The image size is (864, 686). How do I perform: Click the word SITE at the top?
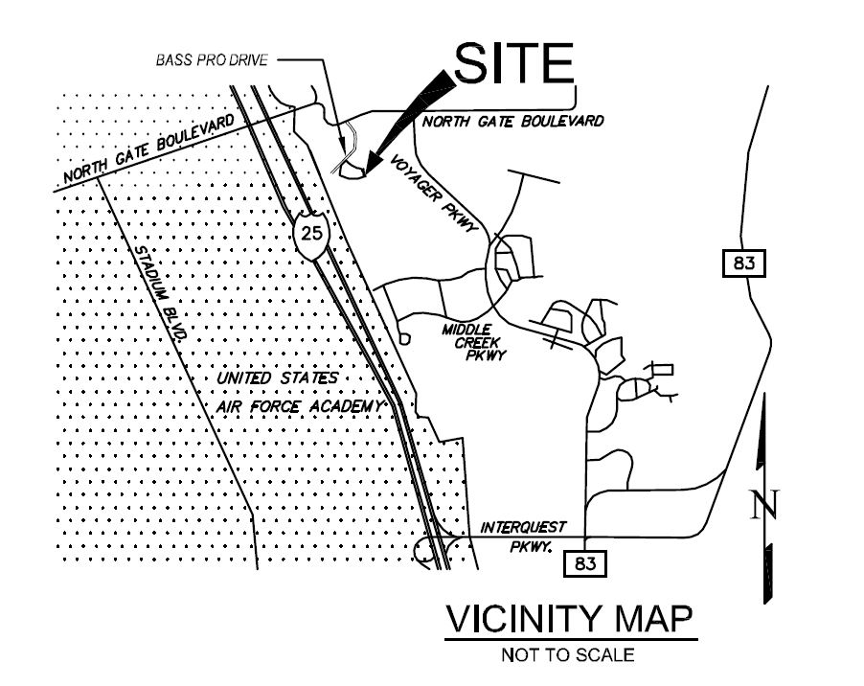click(x=512, y=62)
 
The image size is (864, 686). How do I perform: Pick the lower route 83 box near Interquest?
click(x=585, y=563)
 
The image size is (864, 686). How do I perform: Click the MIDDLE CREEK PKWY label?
click(x=472, y=342)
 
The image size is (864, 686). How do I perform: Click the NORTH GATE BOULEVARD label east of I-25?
click(x=513, y=122)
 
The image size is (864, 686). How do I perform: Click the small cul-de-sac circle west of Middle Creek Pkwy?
click(x=404, y=337)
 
